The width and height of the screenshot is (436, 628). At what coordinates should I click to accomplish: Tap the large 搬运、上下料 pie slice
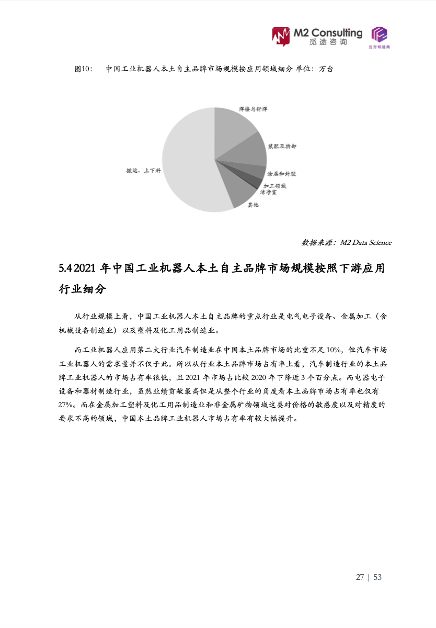pos(188,162)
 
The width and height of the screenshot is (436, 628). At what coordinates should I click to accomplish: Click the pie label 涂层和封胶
pos(282,173)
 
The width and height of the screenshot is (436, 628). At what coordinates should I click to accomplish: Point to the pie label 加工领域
pos(274,186)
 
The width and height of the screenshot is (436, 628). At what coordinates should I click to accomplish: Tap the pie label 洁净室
pos(269,192)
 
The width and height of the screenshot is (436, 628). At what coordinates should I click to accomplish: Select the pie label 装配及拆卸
pos(282,147)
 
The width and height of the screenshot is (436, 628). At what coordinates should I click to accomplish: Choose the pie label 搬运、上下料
pos(143,171)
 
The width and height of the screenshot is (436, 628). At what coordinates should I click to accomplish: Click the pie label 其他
pos(253,205)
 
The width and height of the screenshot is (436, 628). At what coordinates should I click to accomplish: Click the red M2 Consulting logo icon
pos(281,36)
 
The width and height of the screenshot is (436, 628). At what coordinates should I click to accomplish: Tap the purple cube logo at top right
pos(380,35)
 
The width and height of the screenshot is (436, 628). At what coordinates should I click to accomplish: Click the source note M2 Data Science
pos(365,242)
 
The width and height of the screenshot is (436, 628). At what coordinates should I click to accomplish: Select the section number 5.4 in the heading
pos(65,269)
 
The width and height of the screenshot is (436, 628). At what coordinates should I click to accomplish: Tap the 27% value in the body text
pos(66,405)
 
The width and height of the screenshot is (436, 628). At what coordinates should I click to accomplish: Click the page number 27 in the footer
pos(360,577)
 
